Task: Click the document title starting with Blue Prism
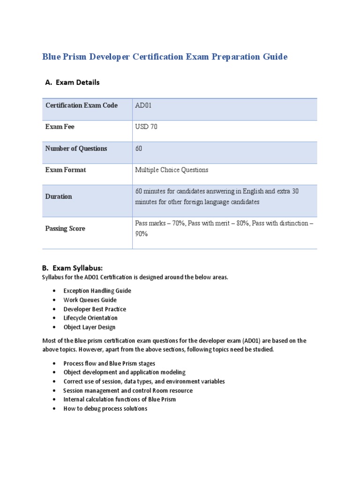point(165,57)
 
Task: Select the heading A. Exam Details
point(72,82)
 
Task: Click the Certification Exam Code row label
point(82,105)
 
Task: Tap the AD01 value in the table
point(143,105)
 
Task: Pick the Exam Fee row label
point(60,127)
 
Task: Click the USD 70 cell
point(146,127)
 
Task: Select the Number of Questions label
point(76,149)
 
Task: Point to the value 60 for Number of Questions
point(139,149)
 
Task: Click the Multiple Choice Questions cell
point(172,170)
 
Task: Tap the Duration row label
point(59,197)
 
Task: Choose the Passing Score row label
point(65,229)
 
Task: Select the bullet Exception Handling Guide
point(97,291)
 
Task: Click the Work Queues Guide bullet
point(90,300)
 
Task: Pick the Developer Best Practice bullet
point(95,309)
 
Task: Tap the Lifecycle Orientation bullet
point(90,318)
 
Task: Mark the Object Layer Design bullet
point(89,327)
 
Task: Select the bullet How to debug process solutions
point(105,409)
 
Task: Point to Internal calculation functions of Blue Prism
point(120,399)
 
